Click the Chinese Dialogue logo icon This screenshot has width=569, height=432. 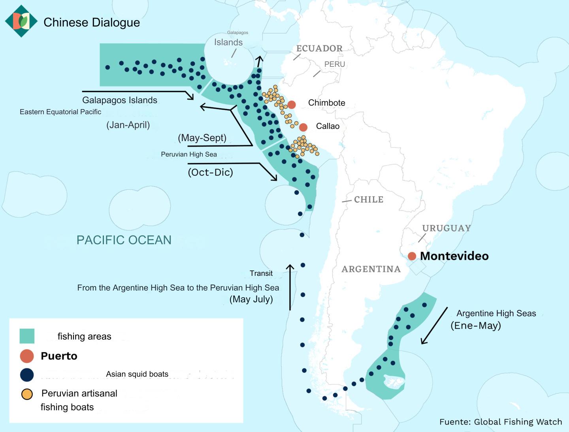[x=21, y=21]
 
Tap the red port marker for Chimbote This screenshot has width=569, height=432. [x=292, y=105]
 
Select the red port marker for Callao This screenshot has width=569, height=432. [x=303, y=127]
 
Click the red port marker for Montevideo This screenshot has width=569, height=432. [x=412, y=256]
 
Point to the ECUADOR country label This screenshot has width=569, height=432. [x=319, y=49]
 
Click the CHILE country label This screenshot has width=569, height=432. [x=368, y=200]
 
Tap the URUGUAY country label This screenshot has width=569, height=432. [x=446, y=228]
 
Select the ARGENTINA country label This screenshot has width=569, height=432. [x=371, y=269]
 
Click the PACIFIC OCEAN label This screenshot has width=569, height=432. [x=124, y=240]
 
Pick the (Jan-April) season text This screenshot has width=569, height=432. [x=128, y=125]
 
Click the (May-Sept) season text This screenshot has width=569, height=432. [x=202, y=138]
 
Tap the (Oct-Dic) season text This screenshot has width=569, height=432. [x=210, y=172]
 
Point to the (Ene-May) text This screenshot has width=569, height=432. [x=476, y=326]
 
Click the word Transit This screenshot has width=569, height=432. [x=261, y=274]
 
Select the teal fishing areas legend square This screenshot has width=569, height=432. [x=27, y=336]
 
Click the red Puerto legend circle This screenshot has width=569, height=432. [x=27, y=356]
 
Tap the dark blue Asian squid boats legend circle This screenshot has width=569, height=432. [x=27, y=375]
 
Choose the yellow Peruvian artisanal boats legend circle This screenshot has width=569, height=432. [x=27, y=394]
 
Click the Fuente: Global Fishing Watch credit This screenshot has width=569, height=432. [x=500, y=422]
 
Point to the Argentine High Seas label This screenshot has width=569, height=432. [x=496, y=313]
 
